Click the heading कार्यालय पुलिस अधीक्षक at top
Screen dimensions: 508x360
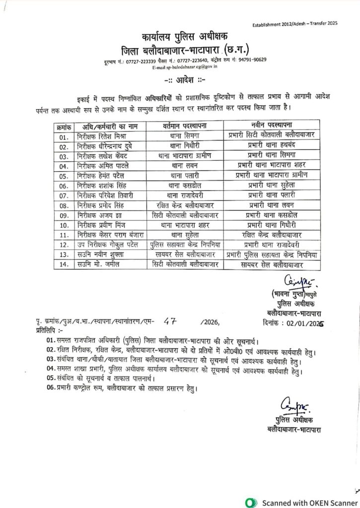(183, 38)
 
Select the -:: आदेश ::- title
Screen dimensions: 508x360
(181, 79)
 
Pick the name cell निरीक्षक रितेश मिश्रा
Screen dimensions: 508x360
(100, 135)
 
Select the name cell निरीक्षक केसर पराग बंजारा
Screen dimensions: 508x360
(107, 234)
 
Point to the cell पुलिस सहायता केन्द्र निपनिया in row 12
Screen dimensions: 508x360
(185, 244)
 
